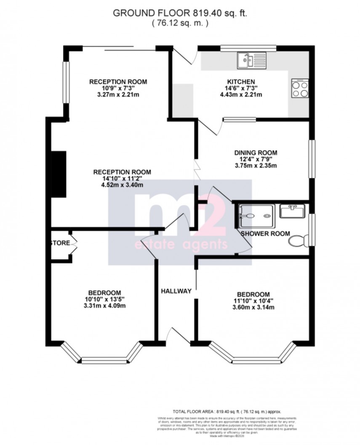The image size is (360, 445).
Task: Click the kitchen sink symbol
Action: (x=251, y=60)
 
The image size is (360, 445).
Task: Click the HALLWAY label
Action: (x=176, y=291)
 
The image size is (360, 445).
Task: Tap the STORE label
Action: (x=59, y=243)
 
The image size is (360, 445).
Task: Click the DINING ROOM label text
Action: (x=256, y=153)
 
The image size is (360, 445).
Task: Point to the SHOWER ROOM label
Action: (x=265, y=233)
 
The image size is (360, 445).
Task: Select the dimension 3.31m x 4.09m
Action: (x=104, y=306)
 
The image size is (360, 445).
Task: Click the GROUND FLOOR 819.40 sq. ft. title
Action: (x=180, y=13)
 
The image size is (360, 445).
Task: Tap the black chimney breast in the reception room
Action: (x=59, y=174)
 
